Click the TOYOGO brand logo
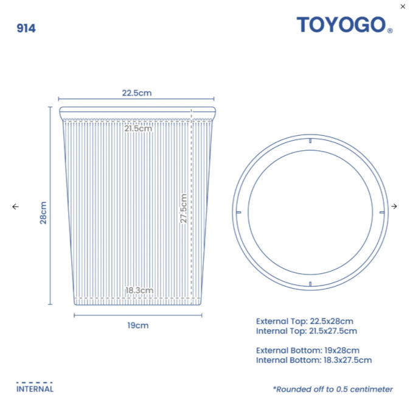click(341, 25)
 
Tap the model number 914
click(26, 28)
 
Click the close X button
click(403, 7)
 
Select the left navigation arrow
click(15, 206)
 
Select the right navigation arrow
click(394, 206)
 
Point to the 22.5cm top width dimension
click(136, 93)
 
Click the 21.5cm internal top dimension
click(138, 128)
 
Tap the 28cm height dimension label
click(44, 213)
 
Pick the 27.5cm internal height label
click(183, 209)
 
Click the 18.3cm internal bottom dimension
click(139, 290)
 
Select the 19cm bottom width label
click(138, 325)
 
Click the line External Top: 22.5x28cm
click(304, 321)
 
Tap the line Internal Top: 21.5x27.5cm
click(306, 331)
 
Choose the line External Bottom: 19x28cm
click(307, 350)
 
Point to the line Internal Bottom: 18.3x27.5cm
click(313, 360)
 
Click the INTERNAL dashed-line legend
click(35, 387)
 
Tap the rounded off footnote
click(333, 389)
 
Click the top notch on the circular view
click(310, 141)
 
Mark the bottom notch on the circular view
click(310, 284)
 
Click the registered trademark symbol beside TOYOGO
click(390, 31)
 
